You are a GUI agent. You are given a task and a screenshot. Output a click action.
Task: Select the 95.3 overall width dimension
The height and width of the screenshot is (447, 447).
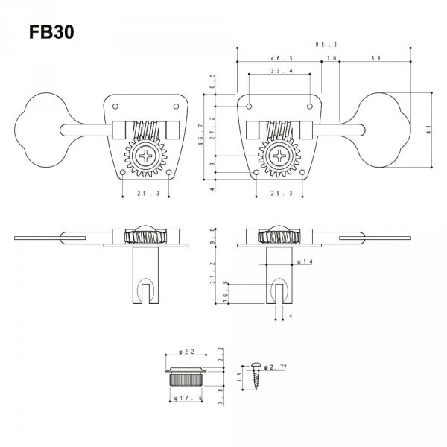[x=323, y=44]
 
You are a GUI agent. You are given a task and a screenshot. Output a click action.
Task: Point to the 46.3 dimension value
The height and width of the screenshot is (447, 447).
[x=260, y=57]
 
